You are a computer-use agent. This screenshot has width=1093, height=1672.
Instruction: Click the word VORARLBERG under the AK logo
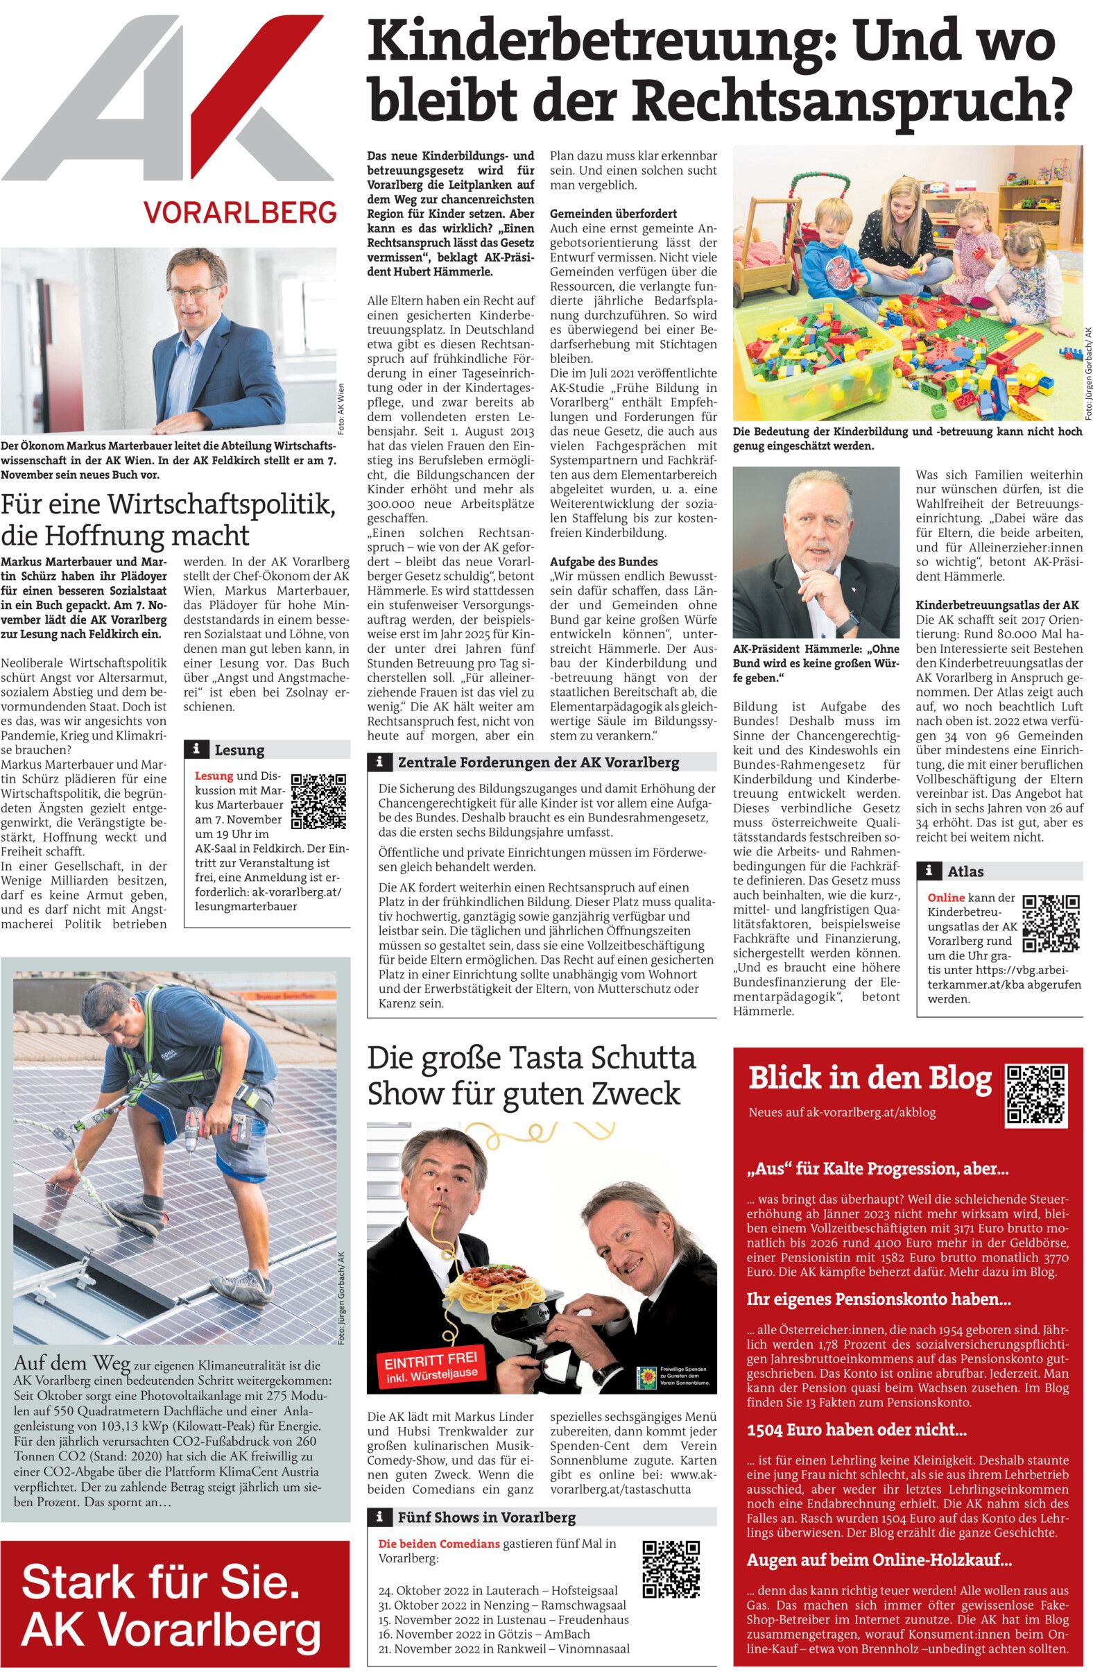(239, 211)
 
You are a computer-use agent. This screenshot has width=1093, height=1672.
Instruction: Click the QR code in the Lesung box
(318, 800)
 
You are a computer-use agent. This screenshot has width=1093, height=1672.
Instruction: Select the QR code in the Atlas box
(1050, 924)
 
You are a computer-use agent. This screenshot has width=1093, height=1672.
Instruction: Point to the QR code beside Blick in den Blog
(1036, 1095)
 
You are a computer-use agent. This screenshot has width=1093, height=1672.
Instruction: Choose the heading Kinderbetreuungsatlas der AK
(997, 605)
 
